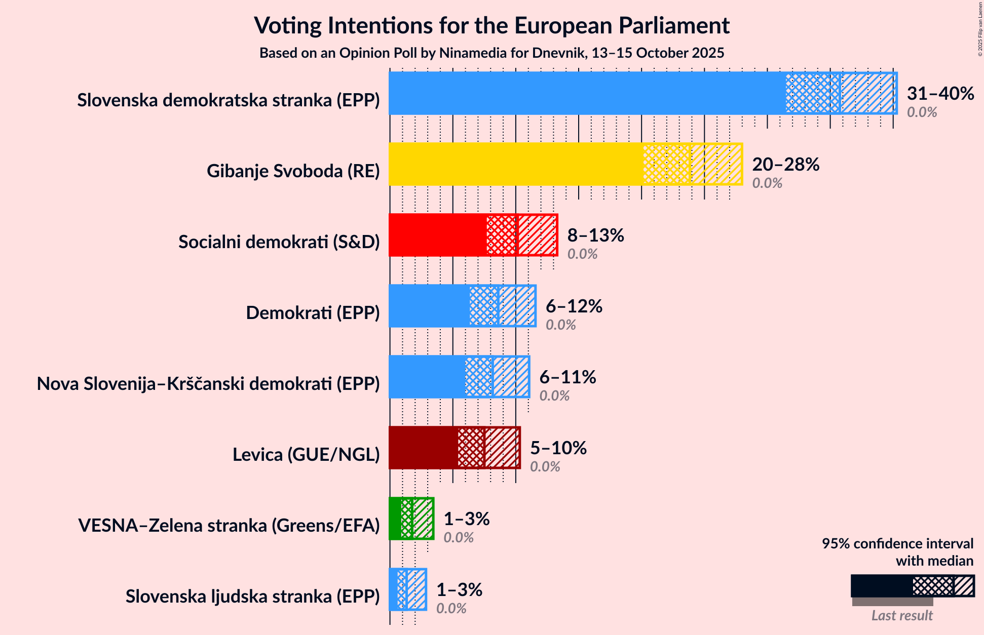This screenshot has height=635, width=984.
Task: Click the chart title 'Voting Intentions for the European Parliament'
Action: (491, 25)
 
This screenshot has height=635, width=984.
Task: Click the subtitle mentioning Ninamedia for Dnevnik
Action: (491, 53)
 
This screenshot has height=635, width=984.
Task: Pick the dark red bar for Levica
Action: (423, 448)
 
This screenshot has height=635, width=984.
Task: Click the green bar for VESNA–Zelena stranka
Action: (395, 519)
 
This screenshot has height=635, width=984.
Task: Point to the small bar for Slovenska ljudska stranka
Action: (393, 589)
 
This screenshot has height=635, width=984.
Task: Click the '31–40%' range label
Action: (940, 93)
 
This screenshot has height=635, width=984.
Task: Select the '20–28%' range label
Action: (785, 164)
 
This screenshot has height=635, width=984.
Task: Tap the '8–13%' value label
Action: (595, 235)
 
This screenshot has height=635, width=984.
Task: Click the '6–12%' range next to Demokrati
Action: (574, 306)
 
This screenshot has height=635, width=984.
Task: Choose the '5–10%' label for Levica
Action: (558, 448)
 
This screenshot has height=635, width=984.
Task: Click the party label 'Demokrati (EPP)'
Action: (313, 313)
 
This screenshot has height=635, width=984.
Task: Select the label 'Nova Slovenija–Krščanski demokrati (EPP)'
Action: (208, 384)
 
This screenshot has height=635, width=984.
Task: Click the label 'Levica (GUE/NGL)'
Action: (306, 455)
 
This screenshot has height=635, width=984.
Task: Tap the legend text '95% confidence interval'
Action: (897, 544)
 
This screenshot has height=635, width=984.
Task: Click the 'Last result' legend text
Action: (902, 615)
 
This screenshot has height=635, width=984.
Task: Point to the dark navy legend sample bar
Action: (882, 586)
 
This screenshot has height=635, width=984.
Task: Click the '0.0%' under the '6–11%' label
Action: (554, 395)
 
